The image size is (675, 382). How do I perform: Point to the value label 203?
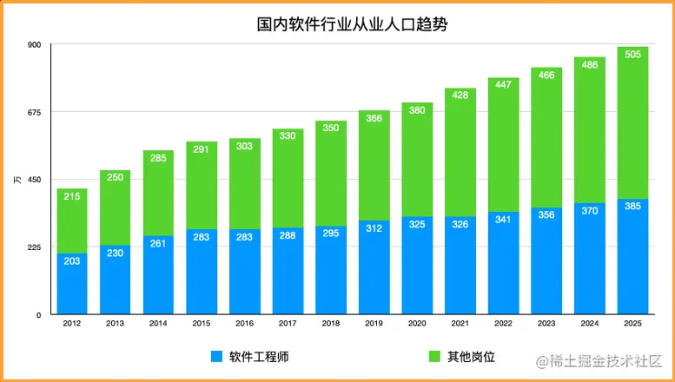point(72,261)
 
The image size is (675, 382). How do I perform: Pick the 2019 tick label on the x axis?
point(374,323)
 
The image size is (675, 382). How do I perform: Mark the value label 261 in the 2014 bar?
point(158,244)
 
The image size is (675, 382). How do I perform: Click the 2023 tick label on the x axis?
point(546,323)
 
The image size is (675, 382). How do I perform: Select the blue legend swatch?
point(216,358)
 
